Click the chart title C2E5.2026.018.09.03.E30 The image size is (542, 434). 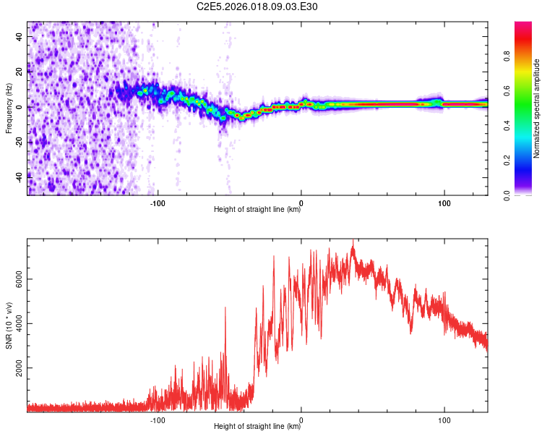258,7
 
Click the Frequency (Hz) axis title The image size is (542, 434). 9,108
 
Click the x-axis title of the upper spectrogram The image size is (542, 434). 257,210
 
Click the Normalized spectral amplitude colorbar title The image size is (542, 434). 537,109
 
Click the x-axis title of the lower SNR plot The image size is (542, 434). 257,427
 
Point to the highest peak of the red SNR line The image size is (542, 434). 353,240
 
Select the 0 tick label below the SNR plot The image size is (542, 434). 301,420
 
